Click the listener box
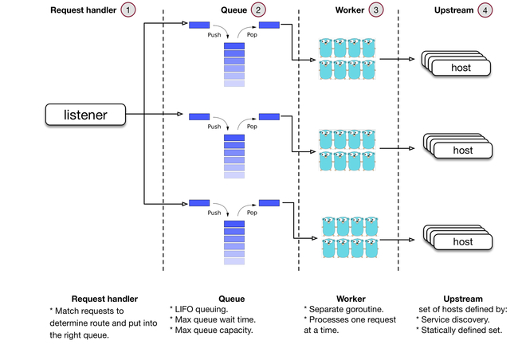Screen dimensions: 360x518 tap(84, 116)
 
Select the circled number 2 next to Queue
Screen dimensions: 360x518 tap(259, 10)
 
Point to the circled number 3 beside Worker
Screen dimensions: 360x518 tap(376, 10)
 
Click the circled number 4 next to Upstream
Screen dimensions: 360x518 tap(485, 10)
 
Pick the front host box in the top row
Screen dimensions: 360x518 tap(461, 68)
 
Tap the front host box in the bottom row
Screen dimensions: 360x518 tap(461, 242)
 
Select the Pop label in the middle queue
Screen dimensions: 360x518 tap(252, 125)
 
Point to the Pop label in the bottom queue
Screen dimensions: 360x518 tap(252, 213)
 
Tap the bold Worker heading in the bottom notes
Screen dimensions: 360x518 tap(351, 299)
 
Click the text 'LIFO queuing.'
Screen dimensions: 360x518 tap(201, 309)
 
